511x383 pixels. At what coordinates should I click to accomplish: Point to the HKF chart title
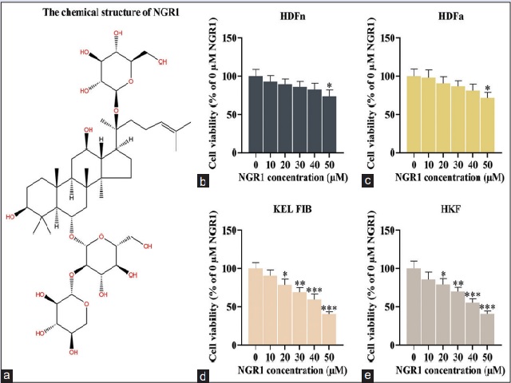click(x=447, y=214)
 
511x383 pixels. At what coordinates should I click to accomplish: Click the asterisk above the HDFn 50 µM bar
click(x=329, y=87)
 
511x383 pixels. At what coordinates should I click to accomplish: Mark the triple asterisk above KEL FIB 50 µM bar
click(x=329, y=307)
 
